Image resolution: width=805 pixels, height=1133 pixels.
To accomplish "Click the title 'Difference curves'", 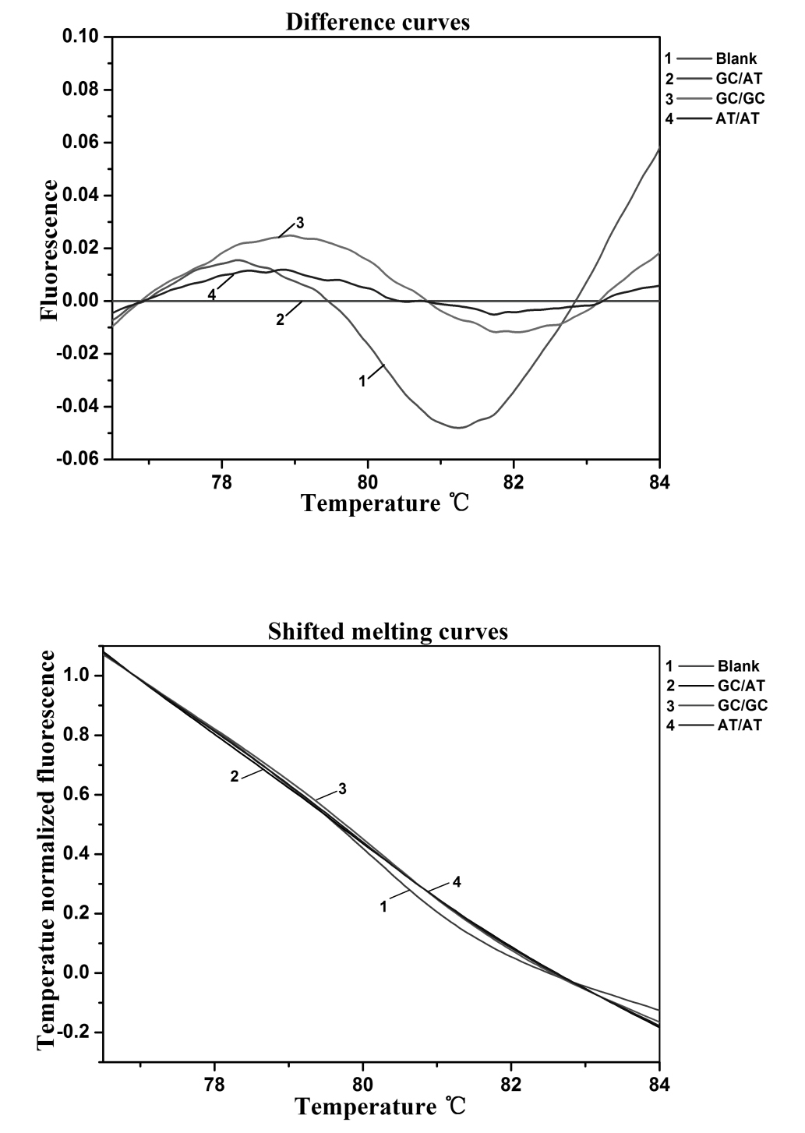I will tap(378, 22).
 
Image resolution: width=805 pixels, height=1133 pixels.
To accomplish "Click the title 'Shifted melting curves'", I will tap(387, 631).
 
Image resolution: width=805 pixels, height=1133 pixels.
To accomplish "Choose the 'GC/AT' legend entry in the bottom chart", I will tap(741, 686).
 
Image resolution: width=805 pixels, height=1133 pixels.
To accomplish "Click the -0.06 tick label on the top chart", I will tap(78, 460).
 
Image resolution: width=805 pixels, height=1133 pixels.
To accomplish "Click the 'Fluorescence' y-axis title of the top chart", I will tap(49, 250).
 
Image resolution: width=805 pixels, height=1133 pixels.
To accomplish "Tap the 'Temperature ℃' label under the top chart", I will tap(386, 503).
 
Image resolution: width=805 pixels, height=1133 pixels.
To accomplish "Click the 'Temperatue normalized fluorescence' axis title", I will tap(48, 849).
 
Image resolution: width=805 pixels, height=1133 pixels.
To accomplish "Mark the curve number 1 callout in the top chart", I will tap(362, 381).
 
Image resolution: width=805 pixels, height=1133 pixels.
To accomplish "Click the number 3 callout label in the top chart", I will tap(300, 224).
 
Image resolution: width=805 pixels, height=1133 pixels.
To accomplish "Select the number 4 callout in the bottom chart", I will tap(457, 882).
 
